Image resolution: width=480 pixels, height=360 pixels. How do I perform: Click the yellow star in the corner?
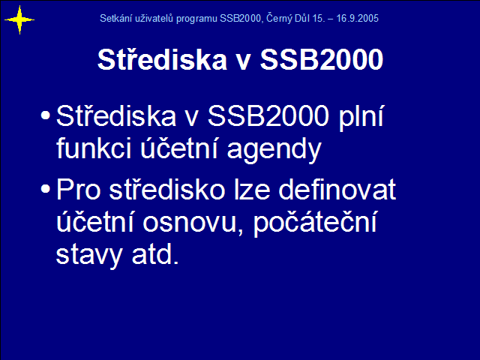coord(19,20)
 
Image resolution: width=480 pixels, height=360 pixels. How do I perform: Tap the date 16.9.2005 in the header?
coord(358,18)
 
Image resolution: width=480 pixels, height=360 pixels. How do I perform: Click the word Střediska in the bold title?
coord(162,59)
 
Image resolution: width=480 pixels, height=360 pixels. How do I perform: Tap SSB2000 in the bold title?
coord(322,59)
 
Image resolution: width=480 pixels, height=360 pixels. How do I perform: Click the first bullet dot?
coord(45,115)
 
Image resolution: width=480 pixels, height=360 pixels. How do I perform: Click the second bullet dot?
coord(45,188)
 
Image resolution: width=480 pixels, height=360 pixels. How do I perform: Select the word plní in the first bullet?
coord(361,117)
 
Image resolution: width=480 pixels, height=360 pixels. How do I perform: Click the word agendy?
coord(274,150)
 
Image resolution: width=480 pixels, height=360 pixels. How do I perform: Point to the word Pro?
coord(79,190)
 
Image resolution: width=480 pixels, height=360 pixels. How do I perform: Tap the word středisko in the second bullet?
coord(167,189)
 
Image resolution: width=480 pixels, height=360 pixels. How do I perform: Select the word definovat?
coord(337,189)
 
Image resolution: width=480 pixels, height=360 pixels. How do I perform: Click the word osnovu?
coord(190,223)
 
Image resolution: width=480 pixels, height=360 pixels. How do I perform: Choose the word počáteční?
coord(315,223)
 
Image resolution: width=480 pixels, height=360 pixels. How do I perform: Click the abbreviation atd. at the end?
coord(155,254)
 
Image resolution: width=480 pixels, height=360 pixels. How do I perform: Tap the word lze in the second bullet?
coord(252,189)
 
